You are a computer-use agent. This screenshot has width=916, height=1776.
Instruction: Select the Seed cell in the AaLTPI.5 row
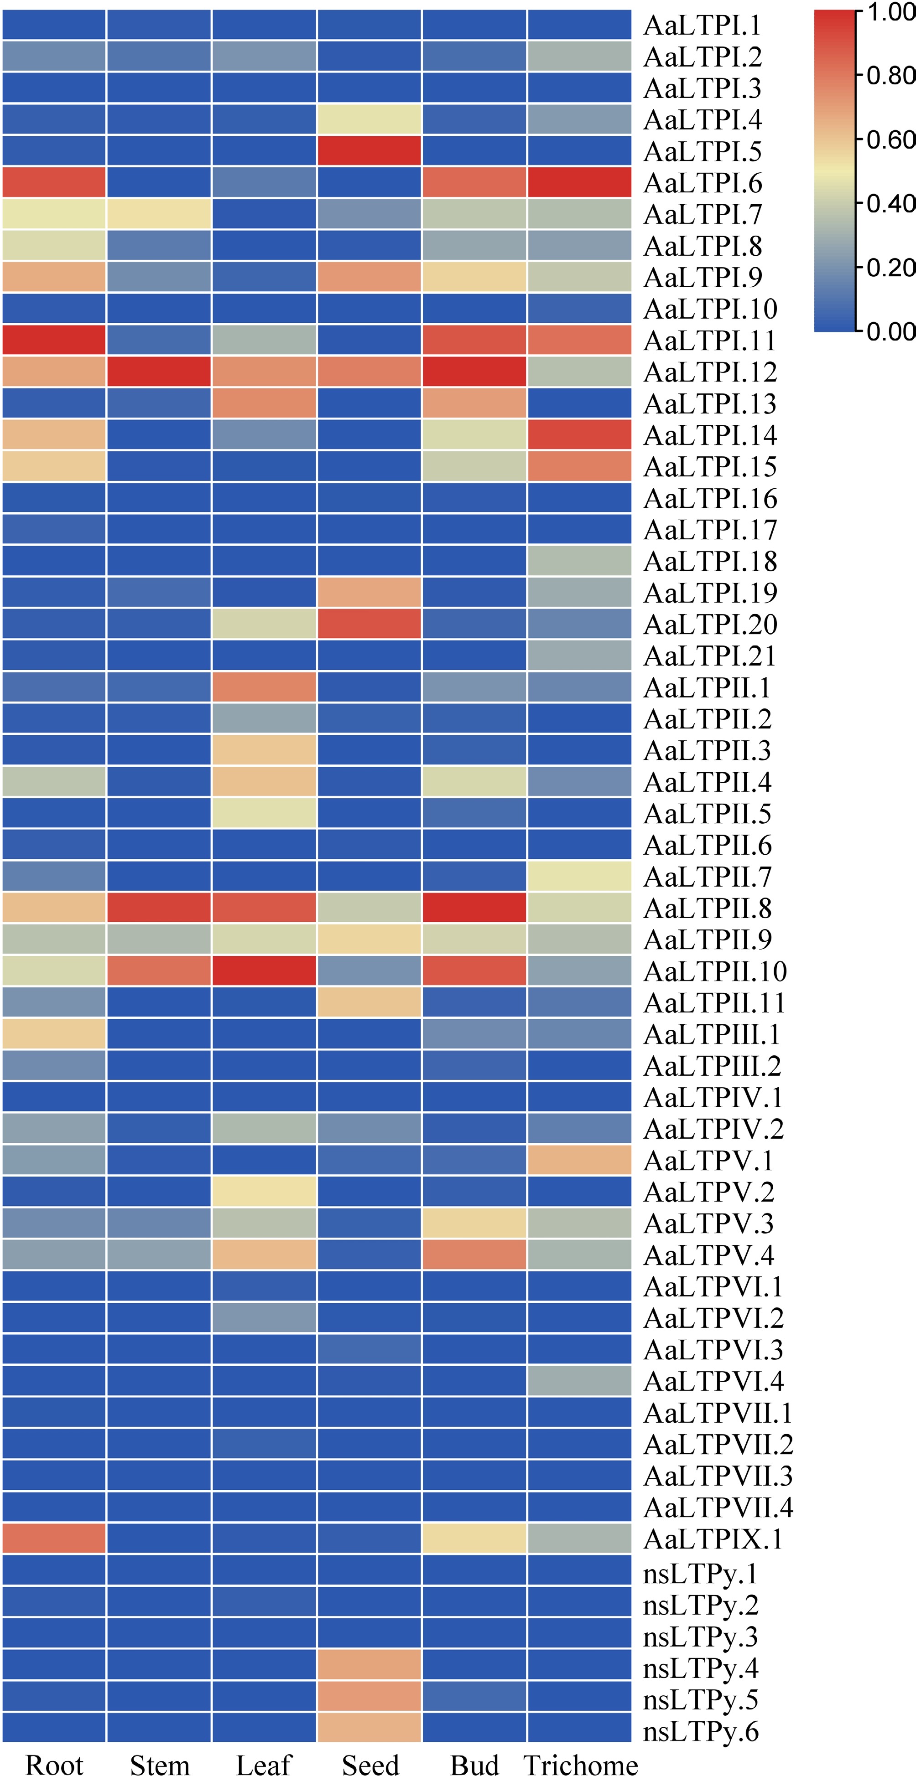369,151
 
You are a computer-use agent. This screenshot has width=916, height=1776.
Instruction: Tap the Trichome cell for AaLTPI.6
579,183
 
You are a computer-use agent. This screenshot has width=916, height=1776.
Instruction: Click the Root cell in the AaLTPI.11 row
54,341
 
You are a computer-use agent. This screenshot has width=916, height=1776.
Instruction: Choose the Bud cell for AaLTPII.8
474,908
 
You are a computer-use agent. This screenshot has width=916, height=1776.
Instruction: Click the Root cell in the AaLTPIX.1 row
54,1539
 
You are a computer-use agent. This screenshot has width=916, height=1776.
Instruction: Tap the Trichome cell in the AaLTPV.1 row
579,1160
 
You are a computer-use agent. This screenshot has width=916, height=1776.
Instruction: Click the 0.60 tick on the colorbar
890,140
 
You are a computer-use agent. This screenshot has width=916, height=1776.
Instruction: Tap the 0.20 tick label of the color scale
890,268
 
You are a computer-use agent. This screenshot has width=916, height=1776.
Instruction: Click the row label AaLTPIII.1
712,1034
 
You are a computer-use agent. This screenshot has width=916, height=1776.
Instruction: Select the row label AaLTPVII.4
718,1508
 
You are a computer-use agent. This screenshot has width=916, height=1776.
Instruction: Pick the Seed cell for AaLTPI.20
369,625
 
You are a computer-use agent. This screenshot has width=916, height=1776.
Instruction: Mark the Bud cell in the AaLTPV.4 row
474,1255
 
